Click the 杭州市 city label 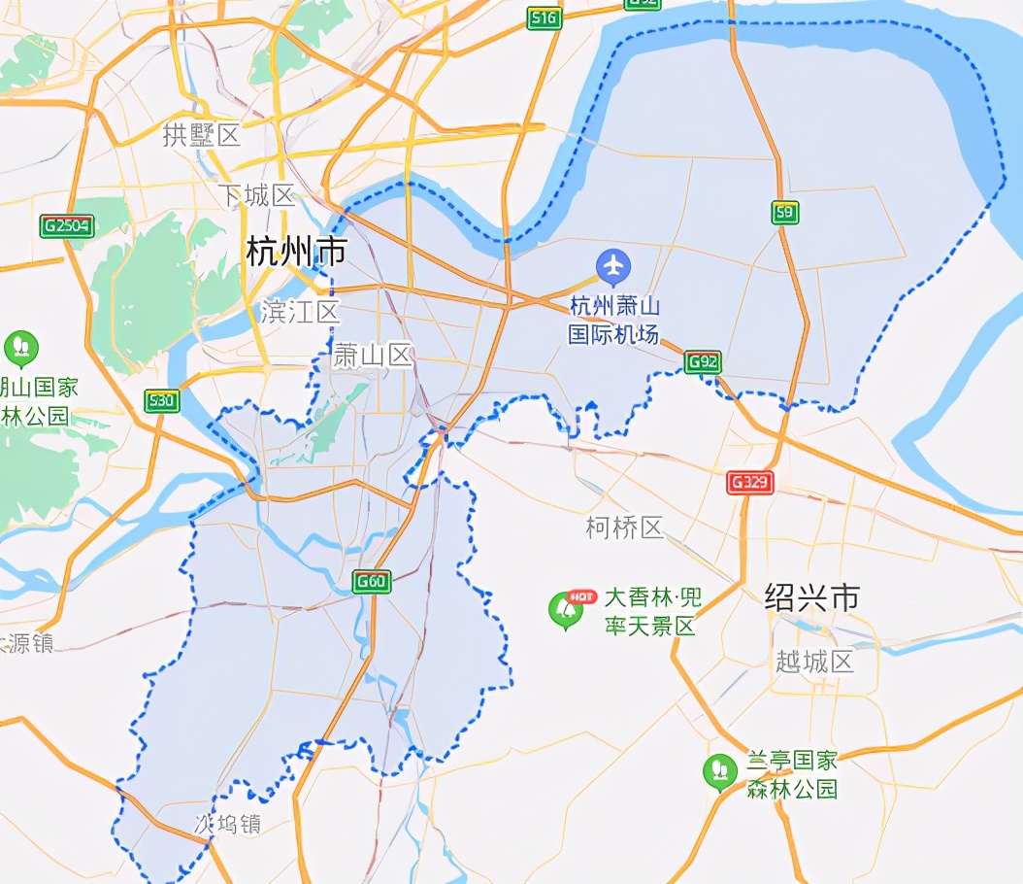pos(296,252)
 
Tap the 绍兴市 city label pos(811,596)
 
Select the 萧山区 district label pos(373,357)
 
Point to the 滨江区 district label pos(300,312)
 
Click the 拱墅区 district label pos(201,135)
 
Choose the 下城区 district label pos(255,195)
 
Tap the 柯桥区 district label pos(624,527)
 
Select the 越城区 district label pos(814,662)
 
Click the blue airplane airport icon pos(613,264)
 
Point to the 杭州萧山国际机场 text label pos(614,321)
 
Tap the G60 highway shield pos(371,582)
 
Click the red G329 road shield pos(750,482)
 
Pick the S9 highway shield pos(785,213)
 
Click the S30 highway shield pos(161,400)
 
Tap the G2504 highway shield pos(66,226)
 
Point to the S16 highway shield pos(544,17)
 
